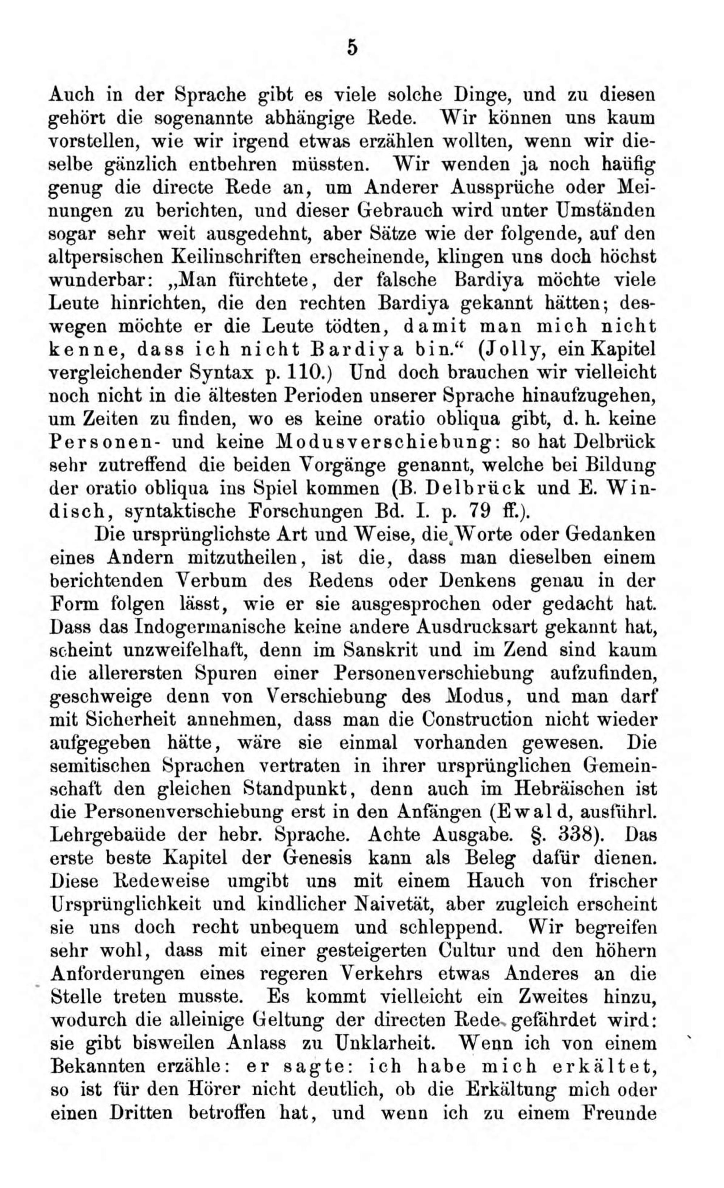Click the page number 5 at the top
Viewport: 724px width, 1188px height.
point(352,49)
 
